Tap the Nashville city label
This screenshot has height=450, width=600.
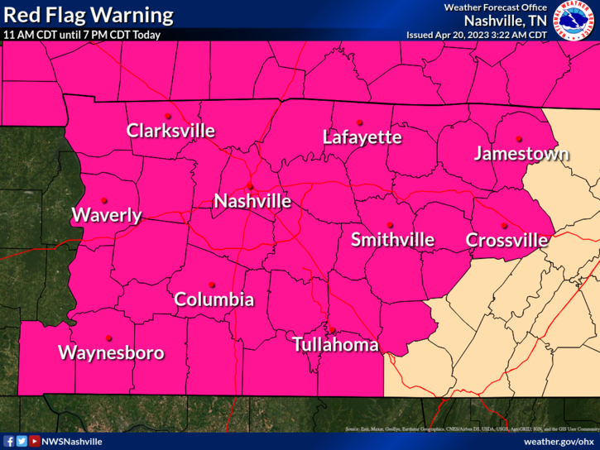click(252, 201)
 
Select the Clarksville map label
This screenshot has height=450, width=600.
click(170, 131)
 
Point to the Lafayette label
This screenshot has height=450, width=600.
click(362, 137)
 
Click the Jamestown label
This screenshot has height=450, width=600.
click(521, 154)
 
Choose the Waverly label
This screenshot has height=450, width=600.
click(107, 216)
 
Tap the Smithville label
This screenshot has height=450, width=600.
click(392, 240)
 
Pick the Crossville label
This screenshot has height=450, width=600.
click(506, 241)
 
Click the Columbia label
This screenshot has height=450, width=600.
click(214, 299)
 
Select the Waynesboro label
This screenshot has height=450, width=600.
click(111, 353)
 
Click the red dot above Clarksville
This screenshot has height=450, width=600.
click(168, 116)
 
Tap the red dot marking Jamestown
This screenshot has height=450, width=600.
click(519, 139)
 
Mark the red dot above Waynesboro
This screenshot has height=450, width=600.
click(109, 337)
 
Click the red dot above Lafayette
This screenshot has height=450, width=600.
click(360, 122)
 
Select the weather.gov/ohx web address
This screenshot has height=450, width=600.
click(559, 442)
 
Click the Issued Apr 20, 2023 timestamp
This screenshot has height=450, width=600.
click(476, 36)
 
